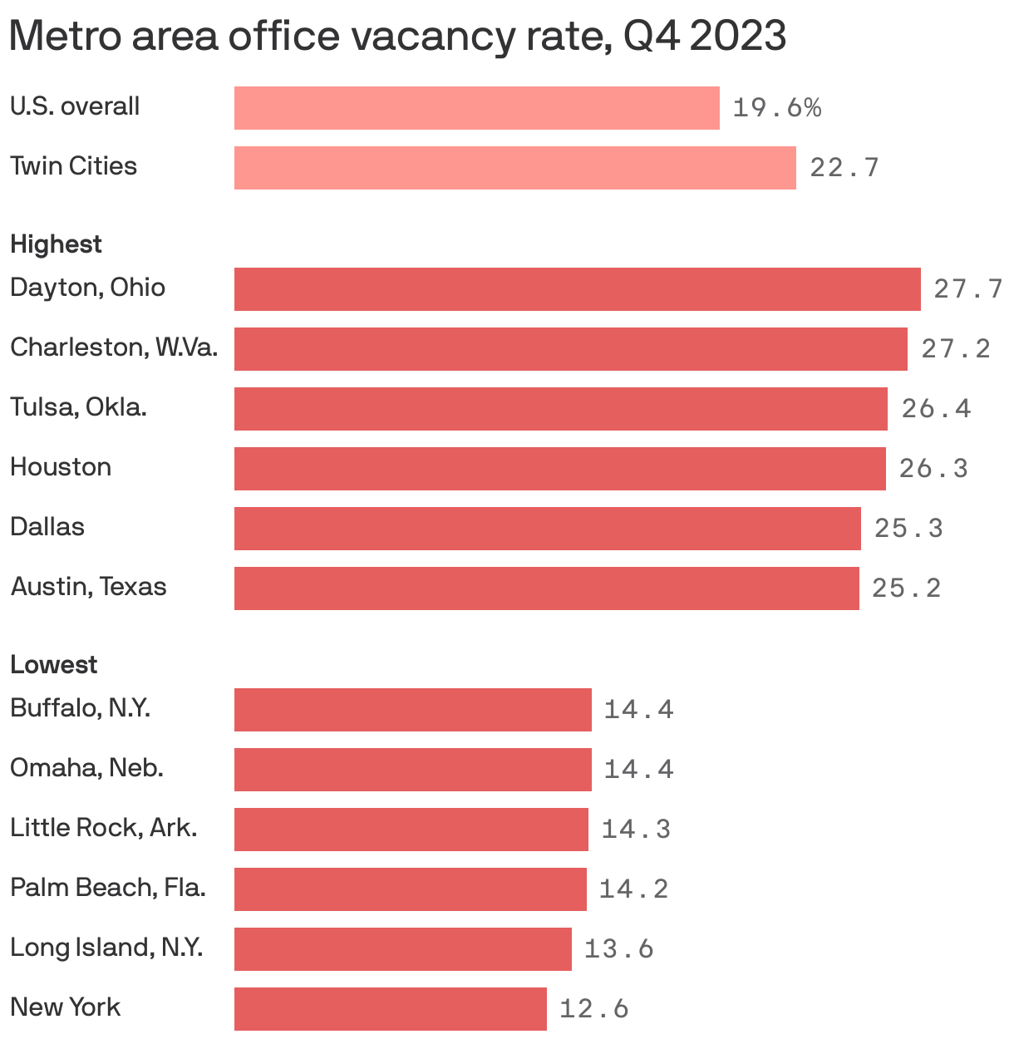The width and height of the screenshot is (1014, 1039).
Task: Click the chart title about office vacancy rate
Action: pos(397,37)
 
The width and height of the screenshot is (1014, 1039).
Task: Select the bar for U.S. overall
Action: pos(476,108)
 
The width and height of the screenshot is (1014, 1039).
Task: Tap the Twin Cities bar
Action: pos(514,168)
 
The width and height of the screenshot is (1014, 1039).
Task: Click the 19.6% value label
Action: pos(776,108)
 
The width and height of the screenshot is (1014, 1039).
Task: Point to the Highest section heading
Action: pos(56,244)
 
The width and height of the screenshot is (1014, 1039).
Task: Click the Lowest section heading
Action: pos(53,665)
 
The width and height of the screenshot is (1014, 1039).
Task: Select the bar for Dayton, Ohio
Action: pos(577,289)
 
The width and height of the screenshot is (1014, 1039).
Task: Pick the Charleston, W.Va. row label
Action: pos(114,347)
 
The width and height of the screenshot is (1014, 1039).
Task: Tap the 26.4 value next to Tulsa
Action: pos(936,409)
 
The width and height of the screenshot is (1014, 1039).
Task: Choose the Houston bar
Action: pos(559,469)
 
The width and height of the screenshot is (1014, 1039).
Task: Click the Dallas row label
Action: pos(47,527)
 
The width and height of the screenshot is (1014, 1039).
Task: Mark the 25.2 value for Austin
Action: pos(906,588)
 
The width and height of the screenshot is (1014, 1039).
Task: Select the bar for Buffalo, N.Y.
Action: pos(412,710)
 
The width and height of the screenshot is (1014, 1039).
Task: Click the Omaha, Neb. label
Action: pos(86,768)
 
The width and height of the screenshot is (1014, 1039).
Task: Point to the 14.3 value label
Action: pos(636,830)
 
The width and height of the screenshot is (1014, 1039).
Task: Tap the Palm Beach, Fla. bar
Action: pos(410,889)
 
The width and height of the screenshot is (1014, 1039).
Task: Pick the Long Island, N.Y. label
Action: pos(106,948)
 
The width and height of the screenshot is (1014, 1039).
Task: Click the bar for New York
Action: pos(390,1009)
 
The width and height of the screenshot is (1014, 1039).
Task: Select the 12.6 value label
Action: pos(593,1009)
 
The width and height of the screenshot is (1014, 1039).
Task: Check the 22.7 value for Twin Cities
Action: pos(844,168)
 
